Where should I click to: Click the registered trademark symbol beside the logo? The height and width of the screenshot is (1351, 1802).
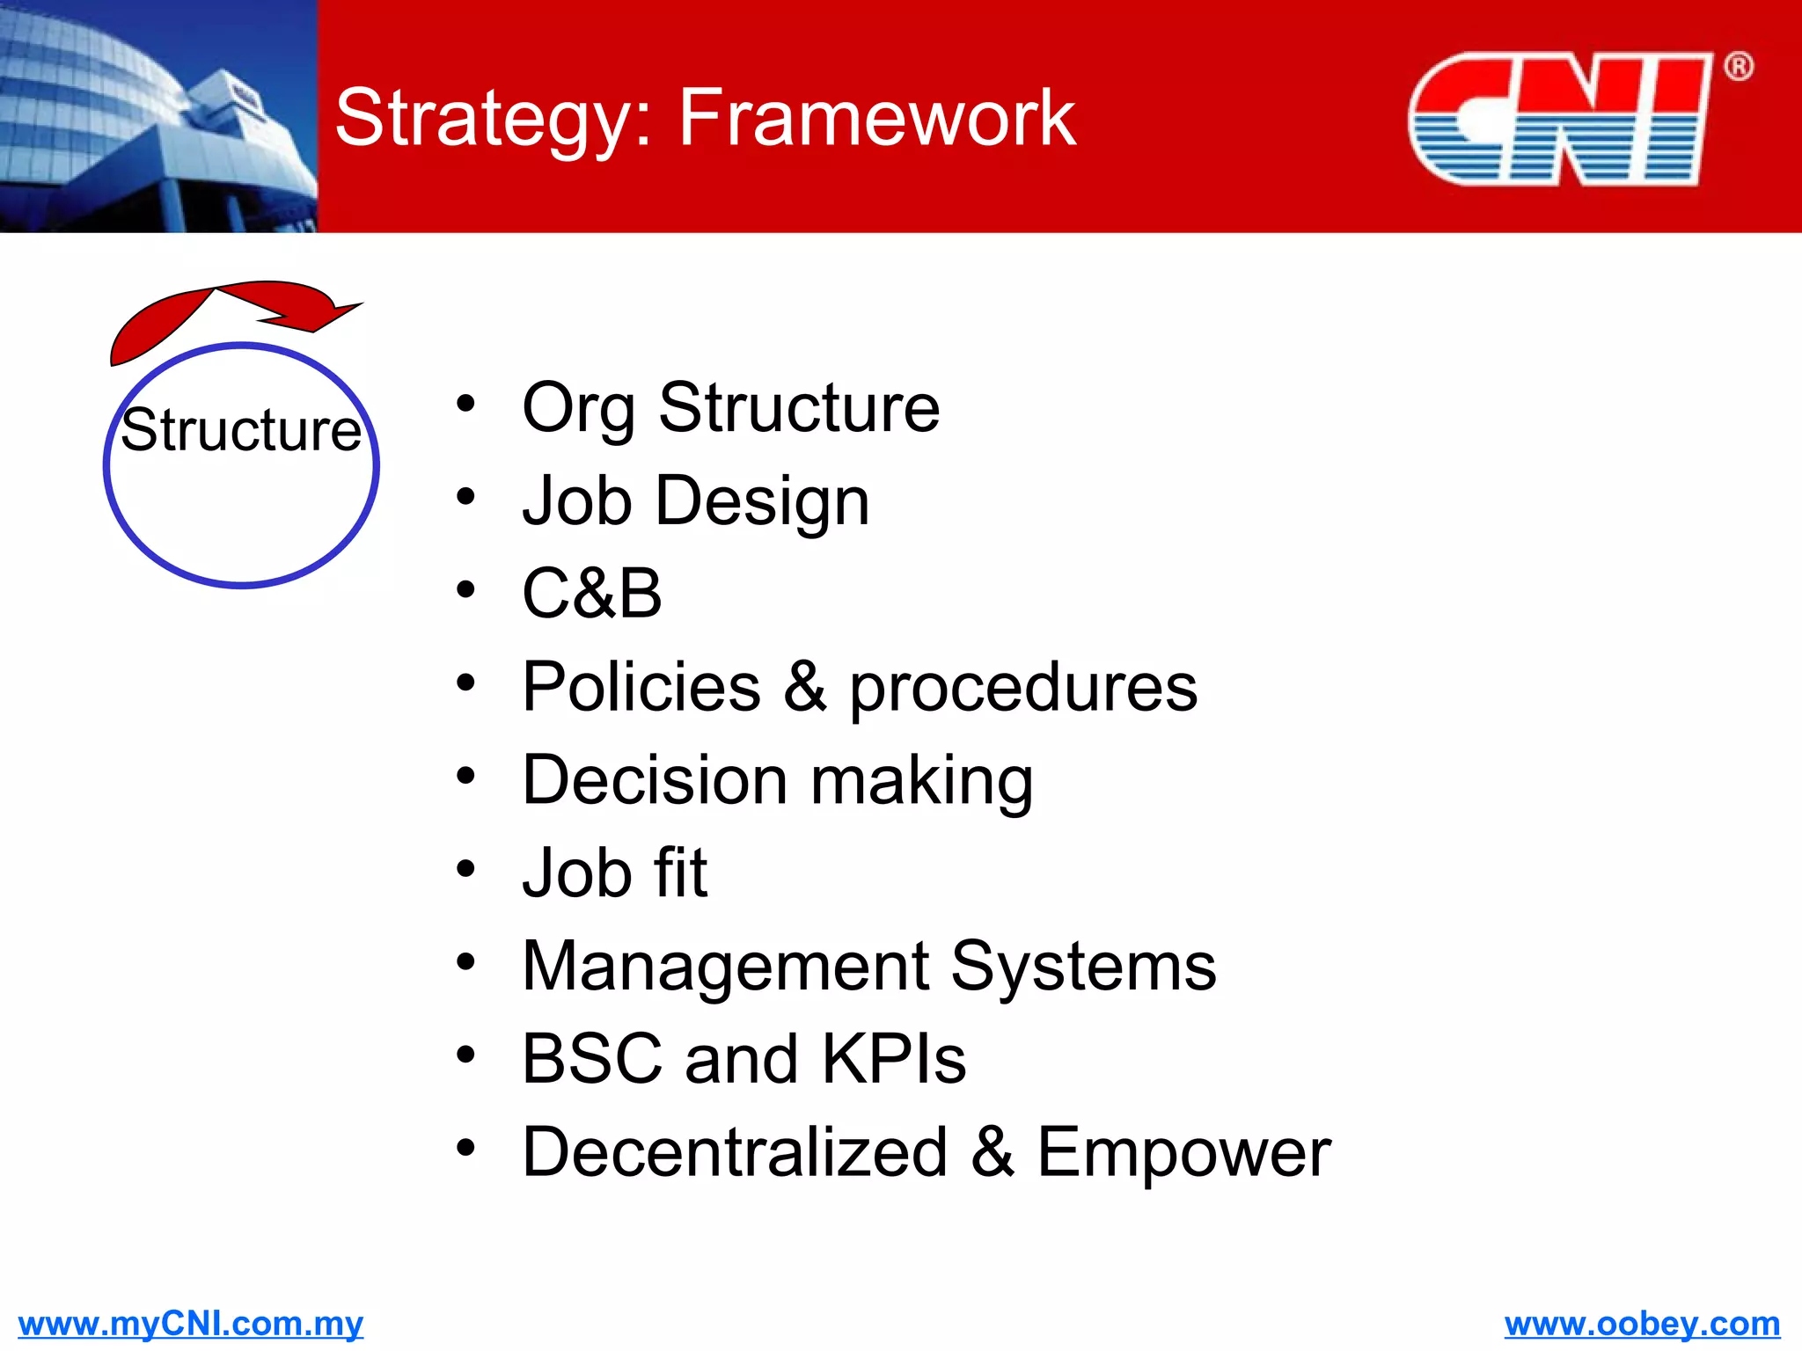point(1738,67)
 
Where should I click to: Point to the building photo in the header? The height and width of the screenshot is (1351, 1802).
point(158,116)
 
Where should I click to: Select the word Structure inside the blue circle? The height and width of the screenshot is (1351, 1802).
point(241,431)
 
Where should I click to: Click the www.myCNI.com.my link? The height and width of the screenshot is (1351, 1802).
point(190,1323)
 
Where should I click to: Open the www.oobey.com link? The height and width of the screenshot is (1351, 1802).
point(1642,1323)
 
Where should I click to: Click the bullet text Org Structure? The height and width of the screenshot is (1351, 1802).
point(730,408)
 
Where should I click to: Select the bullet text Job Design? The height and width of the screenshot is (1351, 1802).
point(695,501)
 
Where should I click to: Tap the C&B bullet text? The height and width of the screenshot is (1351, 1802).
point(591,594)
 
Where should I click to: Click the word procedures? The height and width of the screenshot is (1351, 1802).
point(1022,688)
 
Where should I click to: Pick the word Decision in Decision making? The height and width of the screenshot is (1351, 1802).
point(655,780)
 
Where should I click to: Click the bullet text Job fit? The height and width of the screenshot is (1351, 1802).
point(614,873)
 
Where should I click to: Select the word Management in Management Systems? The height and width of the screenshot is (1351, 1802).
point(726,967)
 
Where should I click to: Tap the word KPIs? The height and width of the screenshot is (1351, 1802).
point(893,1059)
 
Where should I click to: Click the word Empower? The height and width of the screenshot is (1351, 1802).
point(1183,1152)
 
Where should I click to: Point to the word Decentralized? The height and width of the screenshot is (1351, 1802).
point(735,1152)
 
